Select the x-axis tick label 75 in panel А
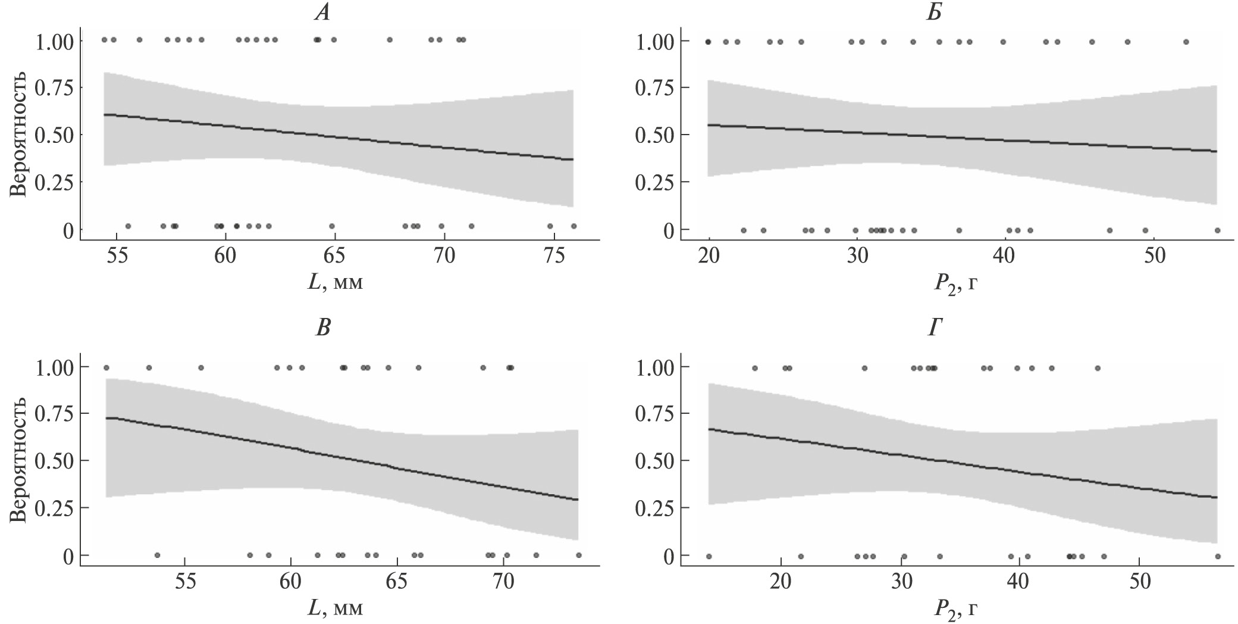coord(554,258)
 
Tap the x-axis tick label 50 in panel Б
coord(1153,258)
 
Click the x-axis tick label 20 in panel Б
coord(709,258)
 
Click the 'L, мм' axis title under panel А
coord(335,283)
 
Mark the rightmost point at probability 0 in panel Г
coord(1217,556)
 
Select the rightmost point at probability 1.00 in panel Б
coord(1186,42)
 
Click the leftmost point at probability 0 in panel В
coord(157,555)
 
